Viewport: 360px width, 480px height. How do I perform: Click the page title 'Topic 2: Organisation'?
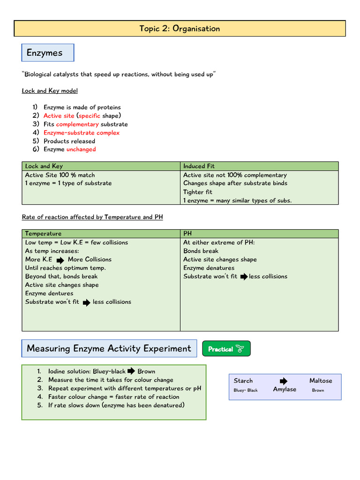click(x=180, y=29)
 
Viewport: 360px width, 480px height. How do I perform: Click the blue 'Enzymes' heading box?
click(x=47, y=53)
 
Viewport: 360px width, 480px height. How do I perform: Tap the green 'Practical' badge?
click(x=226, y=349)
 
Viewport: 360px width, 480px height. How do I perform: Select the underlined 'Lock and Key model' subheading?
click(x=50, y=90)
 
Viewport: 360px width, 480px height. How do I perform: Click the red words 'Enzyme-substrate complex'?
click(x=82, y=133)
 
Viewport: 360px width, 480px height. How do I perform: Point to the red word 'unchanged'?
click(x=81, y=150)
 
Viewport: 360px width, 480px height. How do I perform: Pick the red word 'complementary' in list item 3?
click(x=77, y=124)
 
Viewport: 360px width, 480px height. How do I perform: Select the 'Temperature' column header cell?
click(x=43, y=233)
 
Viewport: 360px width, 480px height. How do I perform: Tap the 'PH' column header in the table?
click(x=187, y=233)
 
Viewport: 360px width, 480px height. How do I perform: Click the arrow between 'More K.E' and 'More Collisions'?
click(x=60, y=260)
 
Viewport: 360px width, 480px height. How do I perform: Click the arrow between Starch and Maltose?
click(x=284, y=381)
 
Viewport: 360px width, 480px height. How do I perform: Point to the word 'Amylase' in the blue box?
click(x=285, y=390)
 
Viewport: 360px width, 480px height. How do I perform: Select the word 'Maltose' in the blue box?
click(x=321, y=381)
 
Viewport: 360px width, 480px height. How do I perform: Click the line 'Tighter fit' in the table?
click(x=198, y=192)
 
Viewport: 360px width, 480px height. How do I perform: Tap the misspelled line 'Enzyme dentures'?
click(x=49, y=293)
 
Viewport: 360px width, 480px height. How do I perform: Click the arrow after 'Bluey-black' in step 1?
click(x=131, y=371)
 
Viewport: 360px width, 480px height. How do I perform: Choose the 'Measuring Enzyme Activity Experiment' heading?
click(x=109, y=348)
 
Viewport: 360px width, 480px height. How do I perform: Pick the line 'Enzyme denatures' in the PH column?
click(x=209, y=268)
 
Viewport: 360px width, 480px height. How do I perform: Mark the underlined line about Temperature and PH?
click(x=92, y=217)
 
